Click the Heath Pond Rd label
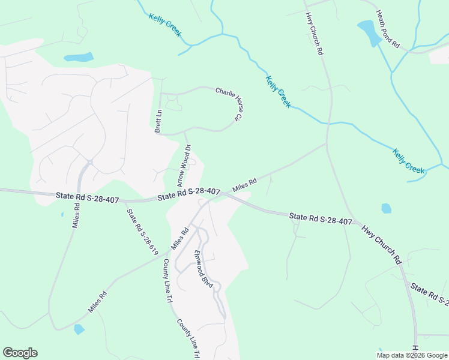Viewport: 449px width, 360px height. [x=387, y=29]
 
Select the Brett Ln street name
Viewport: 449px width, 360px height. [x=158, y=121]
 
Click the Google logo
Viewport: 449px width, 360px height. [x=20, y=352]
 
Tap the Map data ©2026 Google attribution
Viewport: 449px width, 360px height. [x=411, y=355]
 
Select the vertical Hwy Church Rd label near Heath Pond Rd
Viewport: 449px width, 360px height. [x=314, y=34]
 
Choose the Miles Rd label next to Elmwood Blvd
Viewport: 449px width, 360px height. [x=179, y=238]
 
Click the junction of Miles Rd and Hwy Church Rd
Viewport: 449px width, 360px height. [x=326, y=143]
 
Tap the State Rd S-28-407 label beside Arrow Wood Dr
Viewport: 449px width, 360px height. [x=188, y=193]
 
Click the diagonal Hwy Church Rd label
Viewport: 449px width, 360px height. [x=381, y=245]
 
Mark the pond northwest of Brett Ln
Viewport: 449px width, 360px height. [x=79, y=58]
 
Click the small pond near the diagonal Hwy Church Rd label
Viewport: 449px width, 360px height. [x=386, y=208]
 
